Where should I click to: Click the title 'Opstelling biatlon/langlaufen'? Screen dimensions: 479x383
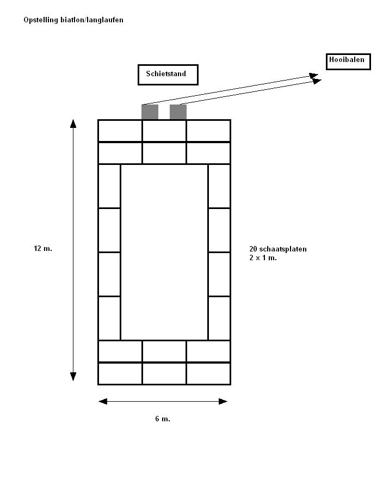[73, 20]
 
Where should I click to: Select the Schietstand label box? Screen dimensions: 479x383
[168, 75]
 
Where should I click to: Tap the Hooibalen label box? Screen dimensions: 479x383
[348, 61]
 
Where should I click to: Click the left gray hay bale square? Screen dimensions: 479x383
[150, 112]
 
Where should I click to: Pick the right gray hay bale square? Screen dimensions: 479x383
[178, 112]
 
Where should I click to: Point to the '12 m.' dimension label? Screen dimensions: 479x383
[43, 248]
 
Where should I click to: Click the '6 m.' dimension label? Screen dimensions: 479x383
[163, 419]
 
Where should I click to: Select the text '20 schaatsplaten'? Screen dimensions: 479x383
[278, 249]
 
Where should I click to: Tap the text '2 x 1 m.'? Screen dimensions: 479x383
[263, 257]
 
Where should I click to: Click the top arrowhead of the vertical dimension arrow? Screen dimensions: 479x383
[73, 124]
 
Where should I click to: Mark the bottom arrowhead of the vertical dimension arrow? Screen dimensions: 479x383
[73, 376]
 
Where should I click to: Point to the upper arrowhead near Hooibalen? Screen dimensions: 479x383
[313, 76]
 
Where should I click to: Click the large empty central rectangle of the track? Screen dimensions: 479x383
[164, 252]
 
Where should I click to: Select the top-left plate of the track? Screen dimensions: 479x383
[120, 131]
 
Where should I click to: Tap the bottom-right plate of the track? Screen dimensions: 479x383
[208, 373]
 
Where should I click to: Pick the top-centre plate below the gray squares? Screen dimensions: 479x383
[164, 131]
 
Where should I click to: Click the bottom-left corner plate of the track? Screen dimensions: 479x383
[120, 373]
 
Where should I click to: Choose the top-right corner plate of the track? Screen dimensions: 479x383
[208, 131]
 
